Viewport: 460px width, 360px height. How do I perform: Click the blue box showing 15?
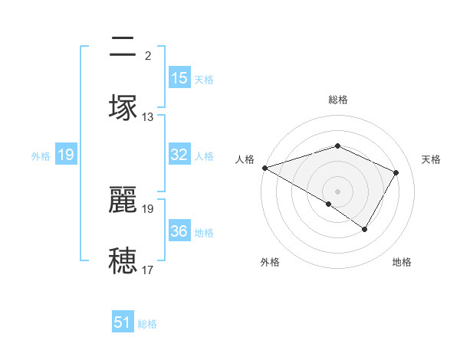pyautogui.click(x=179, y=78)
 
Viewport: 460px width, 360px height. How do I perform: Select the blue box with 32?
pyautogui.click(x=179, y=155)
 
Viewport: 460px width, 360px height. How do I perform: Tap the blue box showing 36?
pyautogui.click(x=179, y=231)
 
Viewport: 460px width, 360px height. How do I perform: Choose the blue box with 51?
pyautogui.click(x=123, y=322)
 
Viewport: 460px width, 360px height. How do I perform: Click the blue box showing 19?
pyautogui.click(x=65, y=155)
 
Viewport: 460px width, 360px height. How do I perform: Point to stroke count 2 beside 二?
pyautogui.click(x=148, y=55)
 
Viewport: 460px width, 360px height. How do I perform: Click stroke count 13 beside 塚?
pyautogui.click(x=148, y=117)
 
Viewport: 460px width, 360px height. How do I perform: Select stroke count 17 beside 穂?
pyautogui.click(x=148, y=270)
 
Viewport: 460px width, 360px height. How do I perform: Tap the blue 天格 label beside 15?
pyautogui.click(x=204, y=80)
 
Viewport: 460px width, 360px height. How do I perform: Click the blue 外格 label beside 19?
pyautogui.click(x=41, y=156)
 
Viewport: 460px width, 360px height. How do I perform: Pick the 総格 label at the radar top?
pyautogui.click(x=337, y=100)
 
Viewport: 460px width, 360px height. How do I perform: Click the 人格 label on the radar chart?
pyautogui.click(x=245, y=159)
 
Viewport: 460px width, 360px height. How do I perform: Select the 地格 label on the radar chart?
pyautogui.click(x=402, y=262)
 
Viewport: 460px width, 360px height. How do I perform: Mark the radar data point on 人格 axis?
pyautogui.click(x=264, y=168)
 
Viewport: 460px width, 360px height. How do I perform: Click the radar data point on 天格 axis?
pyautogui.click(x=396, y=173)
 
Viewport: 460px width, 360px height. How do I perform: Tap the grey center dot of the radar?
pyautogui.click(x=337, y=191)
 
